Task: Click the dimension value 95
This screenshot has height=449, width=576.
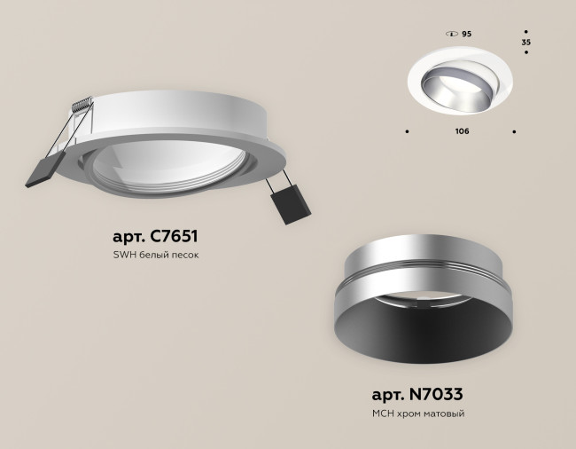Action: coord(467,33)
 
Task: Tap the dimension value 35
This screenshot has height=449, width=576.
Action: coord(526,42)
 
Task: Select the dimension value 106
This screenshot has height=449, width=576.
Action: coord(461,131)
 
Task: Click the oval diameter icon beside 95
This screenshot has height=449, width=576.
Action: coord(451,33)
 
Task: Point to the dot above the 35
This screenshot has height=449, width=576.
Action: coord(526,29)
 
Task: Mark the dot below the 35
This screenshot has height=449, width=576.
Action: coord(526,53)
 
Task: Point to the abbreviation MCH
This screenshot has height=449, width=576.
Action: coord(383,414)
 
